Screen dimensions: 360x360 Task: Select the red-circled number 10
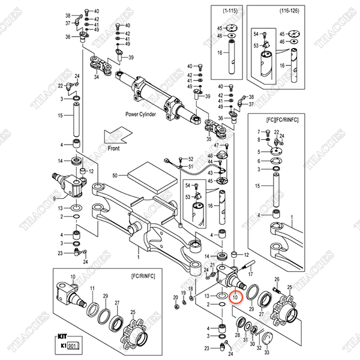(x=235, y=297)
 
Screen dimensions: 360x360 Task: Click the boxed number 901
(x=73, y=346)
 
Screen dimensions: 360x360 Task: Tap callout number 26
(x=277, y=280)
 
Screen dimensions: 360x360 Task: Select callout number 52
(x=191, y=158)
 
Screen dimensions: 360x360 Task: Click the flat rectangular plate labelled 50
(x=146, y=177)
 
